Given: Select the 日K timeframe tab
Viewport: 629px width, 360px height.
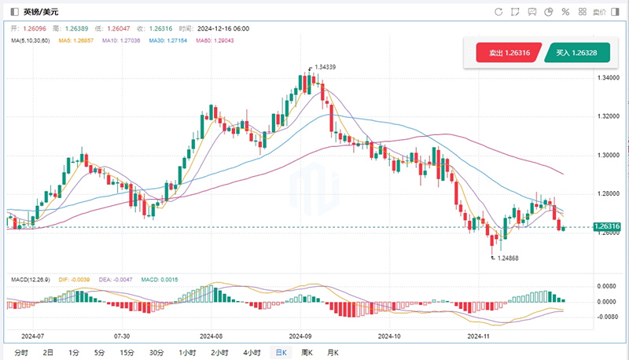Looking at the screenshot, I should pos(281,352).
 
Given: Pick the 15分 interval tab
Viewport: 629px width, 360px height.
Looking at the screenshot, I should pos(127,352).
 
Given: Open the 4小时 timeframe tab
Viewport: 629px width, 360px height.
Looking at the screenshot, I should pos(252,352).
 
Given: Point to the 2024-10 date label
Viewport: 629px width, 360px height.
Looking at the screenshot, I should pos(388,335).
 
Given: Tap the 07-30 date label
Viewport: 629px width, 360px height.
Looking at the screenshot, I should pos(122,335).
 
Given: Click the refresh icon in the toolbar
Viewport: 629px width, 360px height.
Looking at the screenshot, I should pos(498,12).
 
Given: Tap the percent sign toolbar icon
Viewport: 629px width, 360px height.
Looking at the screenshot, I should pos(565,12).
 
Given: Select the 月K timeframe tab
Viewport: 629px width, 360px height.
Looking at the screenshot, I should pos(332,352).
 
